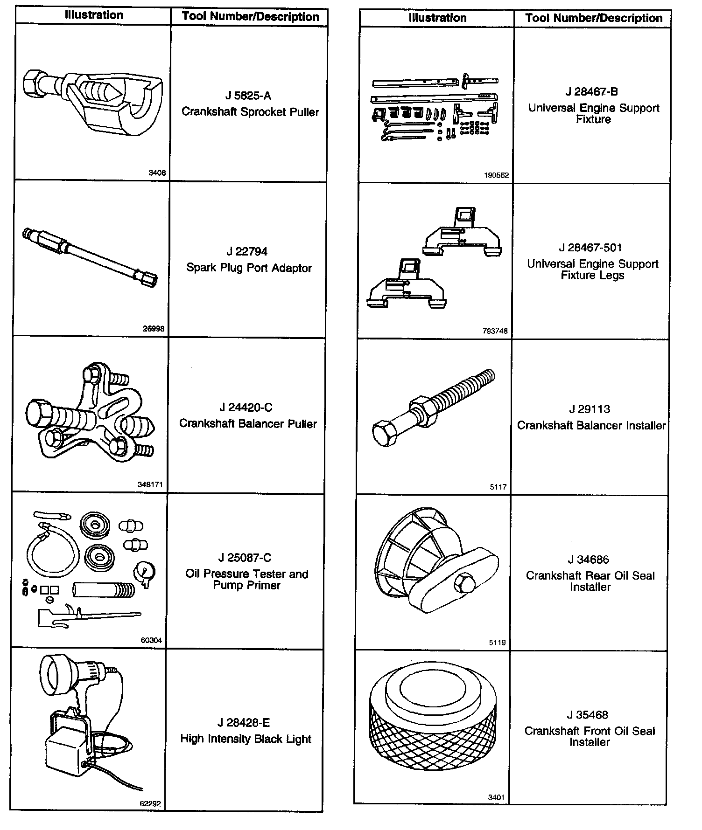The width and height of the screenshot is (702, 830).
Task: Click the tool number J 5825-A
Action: click(x=248, y=96)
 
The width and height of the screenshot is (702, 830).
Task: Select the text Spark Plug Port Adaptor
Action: click(x=249, y=268)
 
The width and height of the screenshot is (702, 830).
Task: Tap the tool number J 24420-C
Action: click(x=246, y=408)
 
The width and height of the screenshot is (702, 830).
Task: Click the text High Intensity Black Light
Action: click(x=246, y=739)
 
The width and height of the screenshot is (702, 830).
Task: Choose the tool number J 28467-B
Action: click(x=591, y=92)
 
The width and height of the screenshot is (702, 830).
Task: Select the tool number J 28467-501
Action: click(x=590, y=248)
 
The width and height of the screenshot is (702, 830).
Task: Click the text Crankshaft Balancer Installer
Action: click(x=591, y=425)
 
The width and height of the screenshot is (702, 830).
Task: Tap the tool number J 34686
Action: click(x=589, y=560)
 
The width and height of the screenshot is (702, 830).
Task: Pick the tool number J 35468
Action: click(x=588, y=715)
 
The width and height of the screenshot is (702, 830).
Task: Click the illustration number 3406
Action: click(x=157, y=173)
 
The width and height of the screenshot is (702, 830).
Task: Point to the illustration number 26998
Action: click(x=154, y=328)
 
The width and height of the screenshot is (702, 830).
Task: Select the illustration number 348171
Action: click(x=150, y=484)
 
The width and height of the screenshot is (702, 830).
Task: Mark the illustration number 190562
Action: click(x=496, y=175)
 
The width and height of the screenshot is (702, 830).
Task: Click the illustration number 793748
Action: click(x=495, y=331)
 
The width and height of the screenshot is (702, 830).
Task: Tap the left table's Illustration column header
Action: click(x=94, y=15)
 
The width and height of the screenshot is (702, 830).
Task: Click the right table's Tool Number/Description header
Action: click(x=594, y=18)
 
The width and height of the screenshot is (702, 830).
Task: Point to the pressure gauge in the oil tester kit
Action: click(x=144, y=573)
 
